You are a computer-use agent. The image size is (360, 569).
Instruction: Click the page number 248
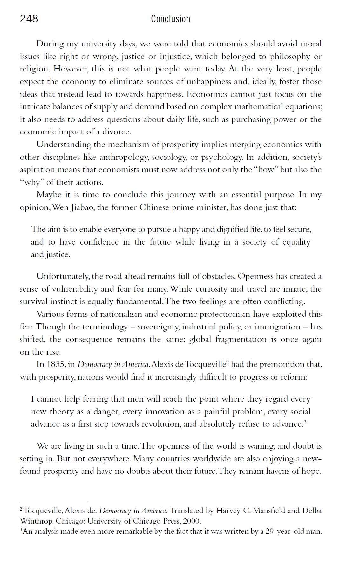[29, 19]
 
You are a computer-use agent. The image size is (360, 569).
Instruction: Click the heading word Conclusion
[170, 19]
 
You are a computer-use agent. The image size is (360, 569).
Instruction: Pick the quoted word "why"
[32, 182]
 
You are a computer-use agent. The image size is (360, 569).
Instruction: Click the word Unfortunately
[63, 276]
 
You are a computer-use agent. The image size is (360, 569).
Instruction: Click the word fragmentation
[241, 339]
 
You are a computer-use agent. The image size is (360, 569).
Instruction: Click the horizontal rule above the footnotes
[53, 501]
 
